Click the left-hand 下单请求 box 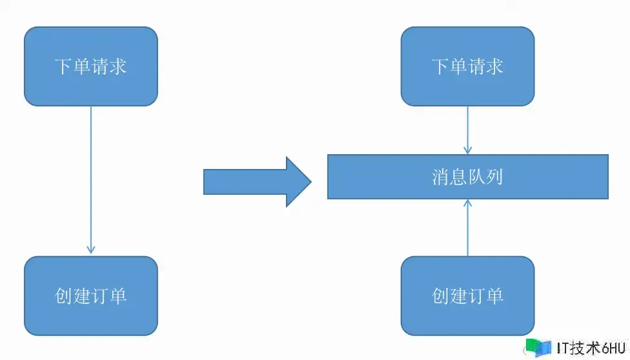click(91, 66)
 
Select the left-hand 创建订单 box click(91, 295)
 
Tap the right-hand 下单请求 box click(467, 66)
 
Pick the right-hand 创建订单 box click(467, 295)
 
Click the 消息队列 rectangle click(467, 177)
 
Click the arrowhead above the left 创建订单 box click(91, 249)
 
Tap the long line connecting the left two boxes click(91, 174)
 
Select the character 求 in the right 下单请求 click(494, 66)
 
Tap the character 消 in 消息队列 click(440, 177)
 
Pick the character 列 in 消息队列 click(494, 177)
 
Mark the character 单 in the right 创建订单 click(494, 295)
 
